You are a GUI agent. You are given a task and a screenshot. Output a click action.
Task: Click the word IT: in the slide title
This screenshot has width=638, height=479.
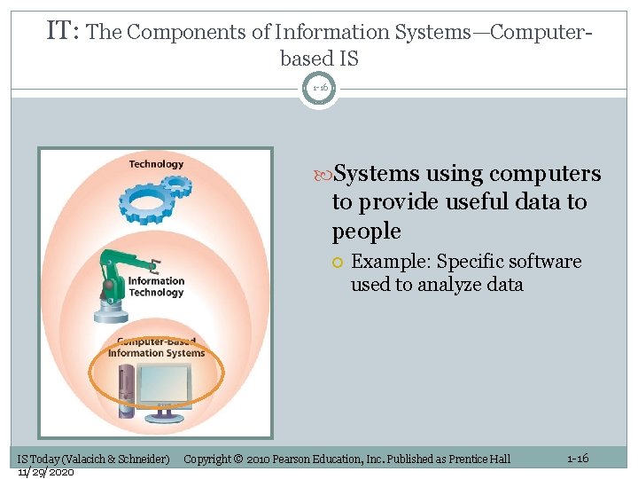click(x=64, y=32)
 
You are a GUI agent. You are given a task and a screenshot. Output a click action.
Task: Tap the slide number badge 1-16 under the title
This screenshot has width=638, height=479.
click(x=319, y=89)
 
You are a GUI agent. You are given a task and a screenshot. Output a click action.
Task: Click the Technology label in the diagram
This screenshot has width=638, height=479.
click(x=156, y=164)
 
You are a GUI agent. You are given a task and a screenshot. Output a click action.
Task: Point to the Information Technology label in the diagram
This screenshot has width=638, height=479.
click(x=156, y=287)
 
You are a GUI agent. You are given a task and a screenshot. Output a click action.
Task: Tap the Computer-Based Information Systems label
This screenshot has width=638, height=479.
click(x=156, y=348)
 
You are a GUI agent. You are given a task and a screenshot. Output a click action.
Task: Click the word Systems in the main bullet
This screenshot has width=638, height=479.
click(x=378, y=174)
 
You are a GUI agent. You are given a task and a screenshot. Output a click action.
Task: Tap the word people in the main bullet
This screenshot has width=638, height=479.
click(x=366, y=232)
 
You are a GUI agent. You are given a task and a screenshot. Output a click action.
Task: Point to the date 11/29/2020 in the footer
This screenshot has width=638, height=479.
click(x=45, y=471)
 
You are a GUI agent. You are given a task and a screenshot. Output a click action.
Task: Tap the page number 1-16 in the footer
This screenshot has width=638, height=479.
click(x=577, y=458)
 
